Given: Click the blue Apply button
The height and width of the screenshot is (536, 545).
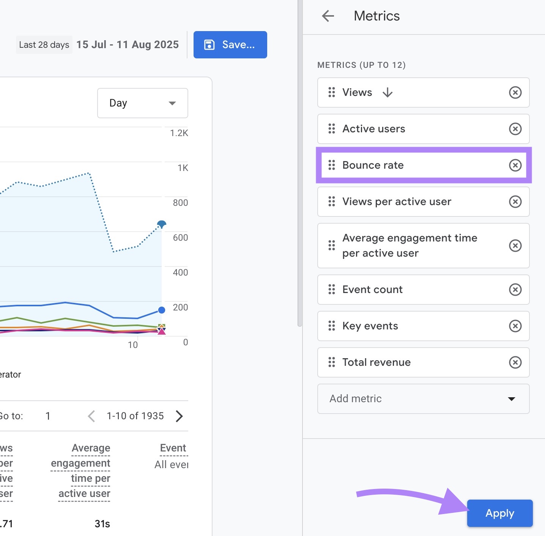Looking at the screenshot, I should [x=499, y=513].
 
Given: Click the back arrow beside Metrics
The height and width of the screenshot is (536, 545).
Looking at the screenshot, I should [x=328, y=16].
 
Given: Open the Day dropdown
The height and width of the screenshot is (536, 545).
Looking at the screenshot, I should [x=142, y=103].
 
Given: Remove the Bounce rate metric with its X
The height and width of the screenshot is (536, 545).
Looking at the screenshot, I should [x=515, y=165].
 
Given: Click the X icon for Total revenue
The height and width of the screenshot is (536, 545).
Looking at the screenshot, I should [x=515, y=362].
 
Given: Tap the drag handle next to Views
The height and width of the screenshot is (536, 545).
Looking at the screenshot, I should [x=332, y=92].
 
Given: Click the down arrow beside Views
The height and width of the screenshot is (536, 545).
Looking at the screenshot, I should [x=387, y=92].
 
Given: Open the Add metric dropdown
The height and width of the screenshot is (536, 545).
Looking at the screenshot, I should [x=423, y=399].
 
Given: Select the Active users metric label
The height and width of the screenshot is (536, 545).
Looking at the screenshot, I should [x=373, y=129].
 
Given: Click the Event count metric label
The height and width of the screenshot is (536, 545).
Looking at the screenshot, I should [x=372, y=290].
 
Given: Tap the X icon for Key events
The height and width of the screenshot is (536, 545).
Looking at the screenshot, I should [x=515, y=326].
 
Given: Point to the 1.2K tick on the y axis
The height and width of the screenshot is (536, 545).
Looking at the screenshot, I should [x=179, y=133].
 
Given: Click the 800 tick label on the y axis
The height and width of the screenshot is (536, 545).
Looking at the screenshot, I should [x=180, y=203].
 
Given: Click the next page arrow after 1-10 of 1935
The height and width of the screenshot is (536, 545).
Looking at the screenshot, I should [x=180, y=416].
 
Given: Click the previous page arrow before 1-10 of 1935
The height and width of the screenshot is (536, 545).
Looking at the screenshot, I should [x=91, y=416].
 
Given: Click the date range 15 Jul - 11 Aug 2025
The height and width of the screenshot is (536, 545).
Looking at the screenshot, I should [x=128, y=45].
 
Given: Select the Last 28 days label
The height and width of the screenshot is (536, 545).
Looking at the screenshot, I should [x=44, y=45].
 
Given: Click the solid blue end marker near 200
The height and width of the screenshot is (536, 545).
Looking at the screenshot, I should [x=162, y=310].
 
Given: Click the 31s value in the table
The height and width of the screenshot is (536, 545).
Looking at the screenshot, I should [x=102, y=524].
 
